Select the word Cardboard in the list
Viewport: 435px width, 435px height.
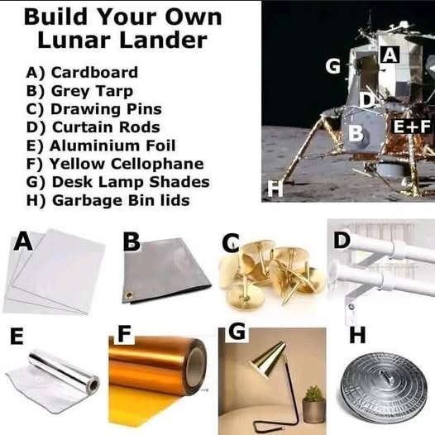click(x=94, y=73)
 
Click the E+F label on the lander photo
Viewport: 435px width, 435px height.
click(x=412, y=127)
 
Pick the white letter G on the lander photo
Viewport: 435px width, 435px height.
click(x=333, y=67)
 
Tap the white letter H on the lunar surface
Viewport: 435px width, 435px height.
click(x=275, y=189)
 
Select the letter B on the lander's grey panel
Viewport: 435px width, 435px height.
click(x=356, y=133)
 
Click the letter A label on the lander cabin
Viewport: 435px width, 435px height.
click(x=390, y=55)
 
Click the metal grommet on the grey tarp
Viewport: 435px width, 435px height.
click(x=128, y=294)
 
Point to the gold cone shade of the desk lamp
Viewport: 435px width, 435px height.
click(x=267, y=359)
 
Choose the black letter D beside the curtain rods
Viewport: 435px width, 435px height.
click(x=342, y=241)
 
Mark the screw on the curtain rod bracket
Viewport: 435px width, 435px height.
click(x=351, y=307)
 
